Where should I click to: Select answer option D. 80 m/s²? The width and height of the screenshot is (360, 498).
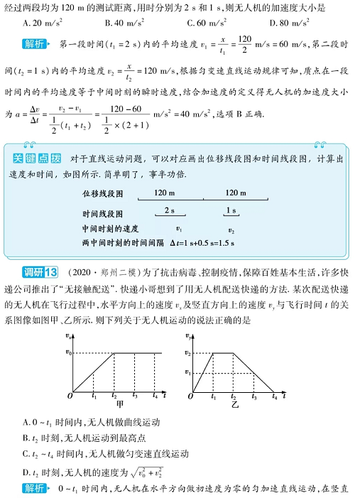[292, 22]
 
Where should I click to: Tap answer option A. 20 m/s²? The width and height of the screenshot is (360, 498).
[43, 22]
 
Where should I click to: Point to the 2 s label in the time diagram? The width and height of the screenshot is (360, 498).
[170, 210]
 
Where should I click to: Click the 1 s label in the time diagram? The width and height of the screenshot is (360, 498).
[231, 210]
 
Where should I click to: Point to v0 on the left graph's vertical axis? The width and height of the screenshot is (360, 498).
[68, 352]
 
